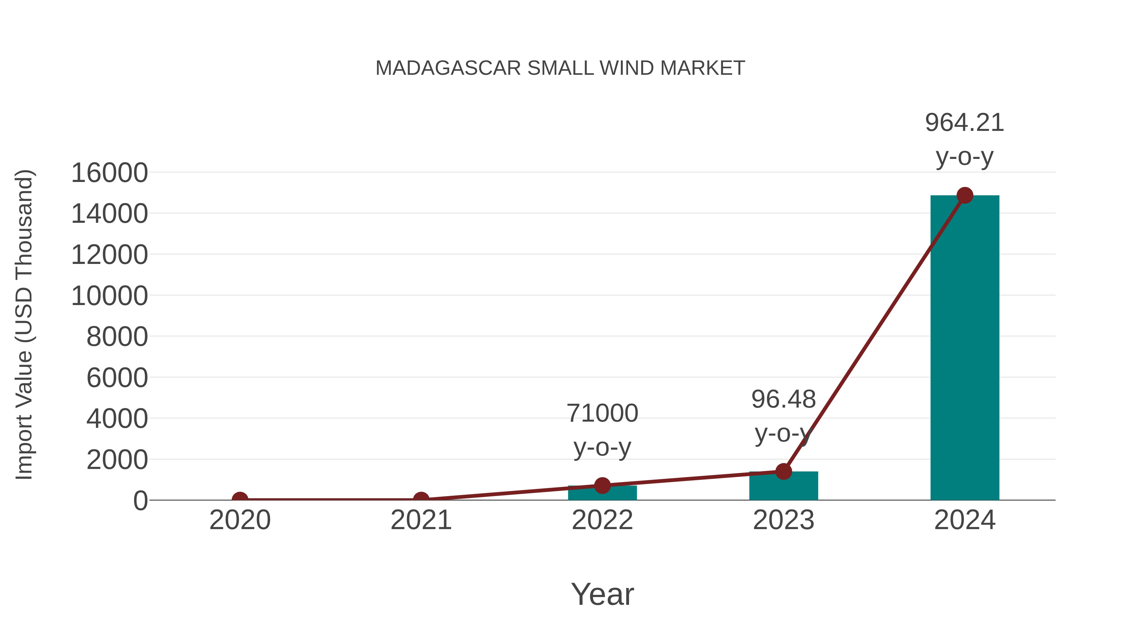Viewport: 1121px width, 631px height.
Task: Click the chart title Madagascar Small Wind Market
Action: (560, 68)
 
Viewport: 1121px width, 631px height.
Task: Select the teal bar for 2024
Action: (965, 348)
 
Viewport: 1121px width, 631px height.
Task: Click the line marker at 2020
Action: (240, 499)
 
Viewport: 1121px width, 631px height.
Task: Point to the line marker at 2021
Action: (421, 499)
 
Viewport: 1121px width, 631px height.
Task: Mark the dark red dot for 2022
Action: (602, 485)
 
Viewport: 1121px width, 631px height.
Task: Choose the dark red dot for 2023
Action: (783, 471)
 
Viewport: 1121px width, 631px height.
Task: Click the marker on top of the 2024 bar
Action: (965, 195)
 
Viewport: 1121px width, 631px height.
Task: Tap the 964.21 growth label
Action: (964, 123)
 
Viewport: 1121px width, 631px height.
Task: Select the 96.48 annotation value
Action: (783, 399)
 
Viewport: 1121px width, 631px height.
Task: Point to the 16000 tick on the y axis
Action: (109, 173)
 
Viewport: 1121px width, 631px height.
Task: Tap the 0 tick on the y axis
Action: (140, 500)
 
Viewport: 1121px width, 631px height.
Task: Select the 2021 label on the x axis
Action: (421, 520)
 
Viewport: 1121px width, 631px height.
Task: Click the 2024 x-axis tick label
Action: (965, 520)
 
